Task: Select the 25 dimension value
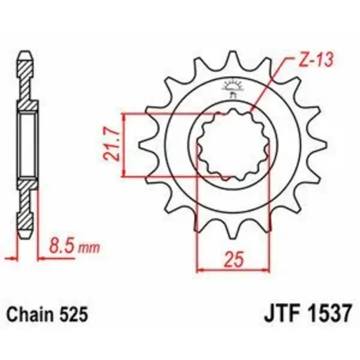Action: (x=234, y=260)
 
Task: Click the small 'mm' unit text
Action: (x=89, y=248)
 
